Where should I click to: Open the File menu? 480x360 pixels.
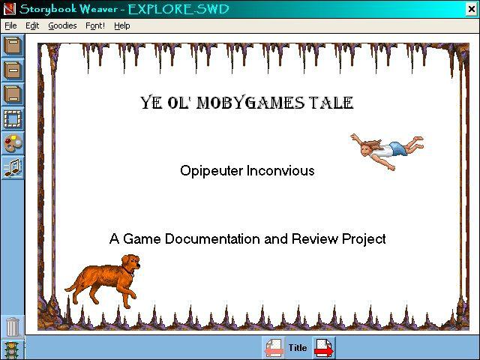tap(10, 25)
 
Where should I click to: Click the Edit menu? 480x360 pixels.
tap(32, 25)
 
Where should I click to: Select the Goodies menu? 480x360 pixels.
tap(62, 25)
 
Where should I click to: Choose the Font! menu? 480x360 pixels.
tap(95, 25)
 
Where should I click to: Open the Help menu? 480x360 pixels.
tap(121, 25)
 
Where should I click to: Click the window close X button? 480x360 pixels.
tap(472, 9)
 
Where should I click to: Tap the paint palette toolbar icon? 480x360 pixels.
tap(13, 143)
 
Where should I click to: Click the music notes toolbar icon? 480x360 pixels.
tap(13, 168)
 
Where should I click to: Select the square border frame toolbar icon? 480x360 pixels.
tap(13, 119)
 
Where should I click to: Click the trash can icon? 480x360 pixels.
tap(13, 327)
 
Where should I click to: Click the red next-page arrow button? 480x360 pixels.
tap(324, 348)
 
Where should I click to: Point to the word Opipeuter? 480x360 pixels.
tap(211, 171)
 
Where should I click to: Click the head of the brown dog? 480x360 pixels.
tap(130, 262)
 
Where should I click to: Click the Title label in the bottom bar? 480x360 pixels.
tap(298, 348)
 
